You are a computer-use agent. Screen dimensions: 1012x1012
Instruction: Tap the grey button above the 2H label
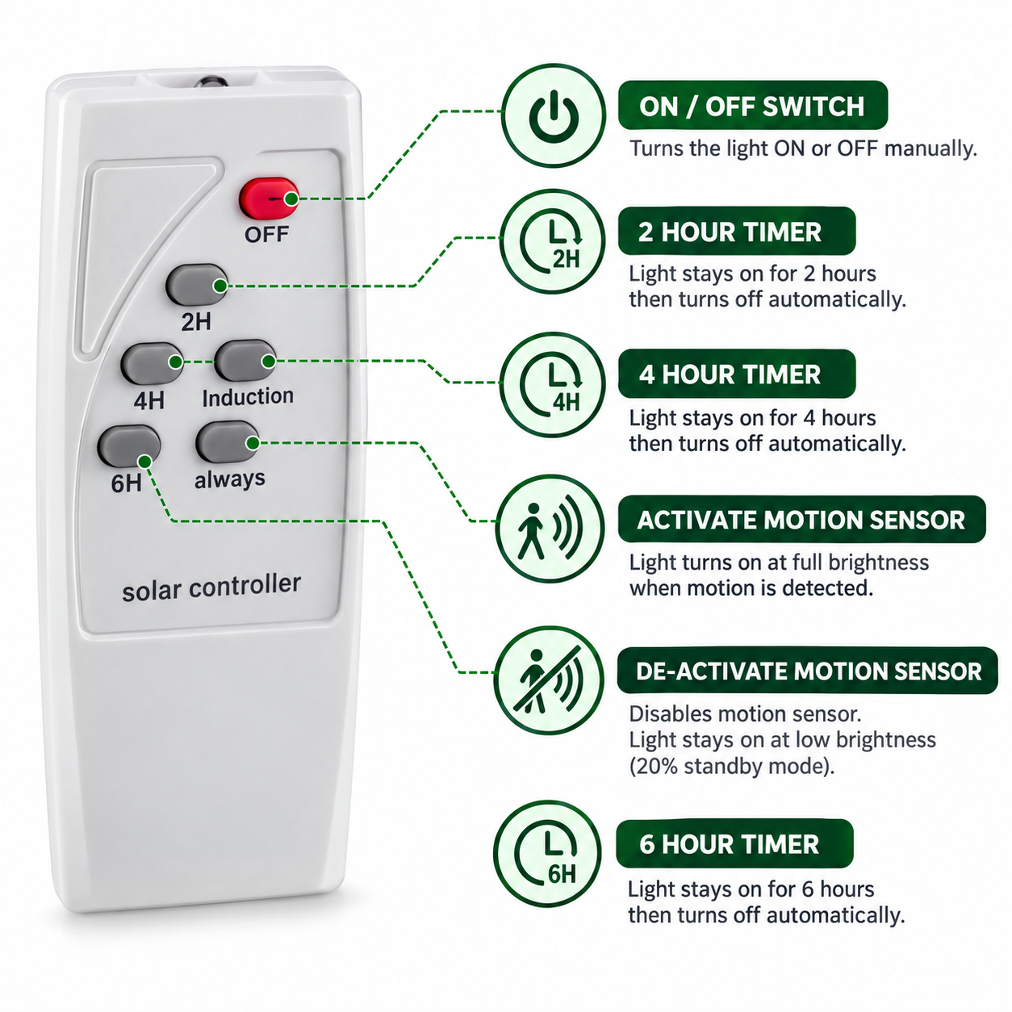(196, 284)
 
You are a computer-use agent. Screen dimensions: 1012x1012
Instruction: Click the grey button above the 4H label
(152, 363)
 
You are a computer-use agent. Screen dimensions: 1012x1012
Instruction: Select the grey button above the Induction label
(245, 360)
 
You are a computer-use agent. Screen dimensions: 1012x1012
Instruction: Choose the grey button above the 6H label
(128, 445)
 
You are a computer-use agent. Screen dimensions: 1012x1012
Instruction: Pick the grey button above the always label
(228, 442)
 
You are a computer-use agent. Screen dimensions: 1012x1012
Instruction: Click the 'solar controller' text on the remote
(211, 588)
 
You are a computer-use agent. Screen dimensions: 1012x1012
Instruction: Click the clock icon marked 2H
(552, 242)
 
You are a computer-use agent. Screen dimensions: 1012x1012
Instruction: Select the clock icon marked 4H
(552, 385)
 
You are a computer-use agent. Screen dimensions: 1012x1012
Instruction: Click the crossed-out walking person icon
(548, 681)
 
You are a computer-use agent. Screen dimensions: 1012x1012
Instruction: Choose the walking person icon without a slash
(550, 529)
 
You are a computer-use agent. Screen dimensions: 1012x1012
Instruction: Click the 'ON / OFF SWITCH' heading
(752, 107)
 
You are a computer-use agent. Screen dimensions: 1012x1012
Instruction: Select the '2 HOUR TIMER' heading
(730, 232)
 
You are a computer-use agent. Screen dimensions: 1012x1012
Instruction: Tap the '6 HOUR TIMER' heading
(730, 844)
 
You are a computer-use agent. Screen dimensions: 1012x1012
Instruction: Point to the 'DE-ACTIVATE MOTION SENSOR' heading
(809, 671)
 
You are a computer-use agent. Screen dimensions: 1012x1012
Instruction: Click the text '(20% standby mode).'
(732, 766)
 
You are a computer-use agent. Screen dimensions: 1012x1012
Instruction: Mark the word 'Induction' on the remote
(248, 396)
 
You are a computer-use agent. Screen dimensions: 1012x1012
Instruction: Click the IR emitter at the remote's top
(211, 82)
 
